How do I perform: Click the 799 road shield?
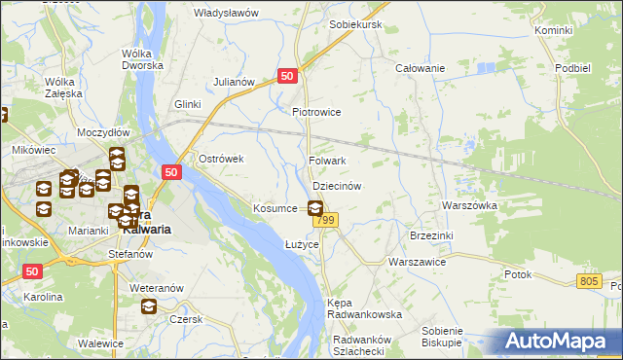pos(325,222)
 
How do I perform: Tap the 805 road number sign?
pos(587,281)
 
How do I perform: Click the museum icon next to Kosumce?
pos(315,207)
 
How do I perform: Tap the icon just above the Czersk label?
pos(149,306)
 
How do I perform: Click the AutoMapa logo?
pos(560,341)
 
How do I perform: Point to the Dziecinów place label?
pos(337,185)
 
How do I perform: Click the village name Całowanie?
pos(420,68)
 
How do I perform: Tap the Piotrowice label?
pos(316,112)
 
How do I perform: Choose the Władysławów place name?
pos(226,13)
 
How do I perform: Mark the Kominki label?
pos(553,31)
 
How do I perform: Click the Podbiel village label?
pos(573,68)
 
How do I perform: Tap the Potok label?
pos(518,274)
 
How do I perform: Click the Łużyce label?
pos(302,244)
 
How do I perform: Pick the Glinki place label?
pos(187,104)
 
